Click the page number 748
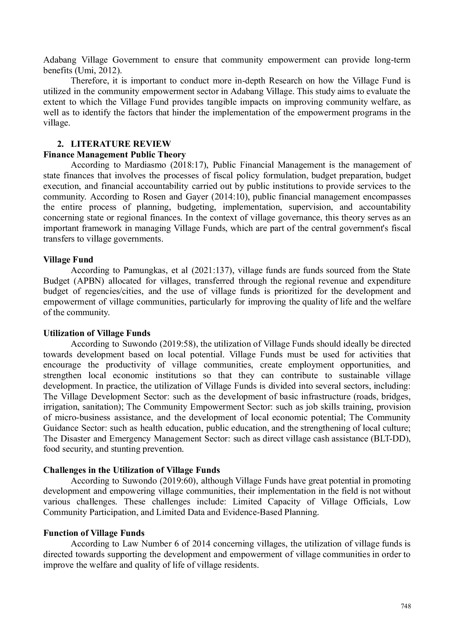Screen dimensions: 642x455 [x=406, y=606]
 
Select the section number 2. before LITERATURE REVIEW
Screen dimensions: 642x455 [x=60, y=144]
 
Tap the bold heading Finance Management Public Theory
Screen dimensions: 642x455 [x=114, y=154]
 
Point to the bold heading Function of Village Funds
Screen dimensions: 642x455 [x=94, y=533]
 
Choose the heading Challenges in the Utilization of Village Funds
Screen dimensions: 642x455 [x=132, y=470]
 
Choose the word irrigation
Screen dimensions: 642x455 [x=59, y=407]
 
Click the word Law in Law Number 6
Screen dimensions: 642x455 [x=130, y=544]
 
